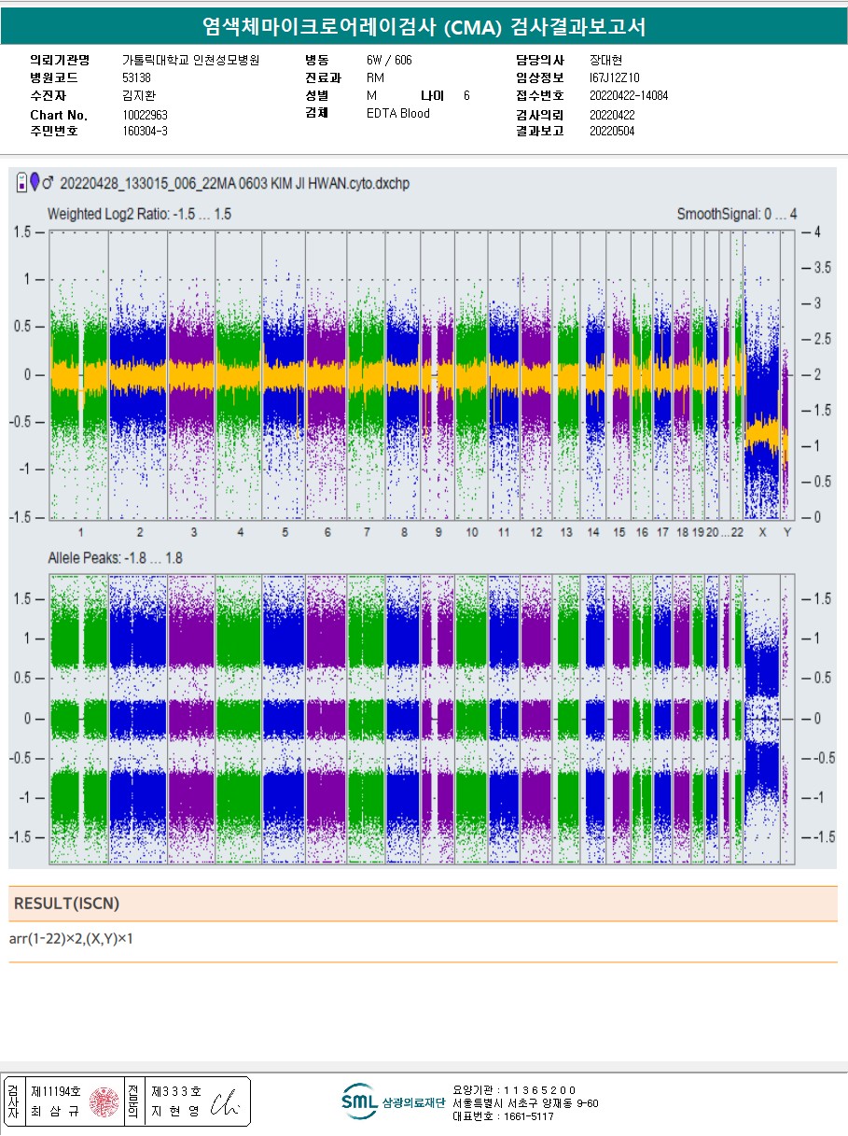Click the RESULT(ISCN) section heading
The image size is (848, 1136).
pos(67,904)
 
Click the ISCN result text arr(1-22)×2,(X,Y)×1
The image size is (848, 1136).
pos(71,938)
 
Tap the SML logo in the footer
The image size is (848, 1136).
pos(359,1101)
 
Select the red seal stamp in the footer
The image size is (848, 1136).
pos(104,1101)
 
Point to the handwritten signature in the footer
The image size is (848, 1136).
pos(226,1102)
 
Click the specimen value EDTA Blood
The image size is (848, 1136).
pos(397,113)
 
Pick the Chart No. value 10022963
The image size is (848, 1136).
pos(145,115)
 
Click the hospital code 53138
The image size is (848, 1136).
pos(136,77)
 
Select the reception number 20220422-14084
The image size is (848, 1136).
pos(629,95)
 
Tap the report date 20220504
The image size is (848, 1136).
pos(612,131)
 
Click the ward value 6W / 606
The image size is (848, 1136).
pos(389,60)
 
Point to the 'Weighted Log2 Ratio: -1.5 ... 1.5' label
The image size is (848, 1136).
pos(139,214)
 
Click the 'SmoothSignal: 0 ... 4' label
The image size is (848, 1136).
pos(737,214)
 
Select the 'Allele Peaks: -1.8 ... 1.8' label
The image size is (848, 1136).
pos(116,558)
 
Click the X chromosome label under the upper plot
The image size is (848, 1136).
pos(762,532)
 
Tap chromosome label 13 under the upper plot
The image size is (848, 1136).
pos(566,532)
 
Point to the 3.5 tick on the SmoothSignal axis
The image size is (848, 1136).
pos(822,268)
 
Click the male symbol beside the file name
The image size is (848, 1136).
pos(49,182)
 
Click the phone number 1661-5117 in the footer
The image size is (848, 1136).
pos(528,1116)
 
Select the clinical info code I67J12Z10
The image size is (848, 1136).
pos(614,77)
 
